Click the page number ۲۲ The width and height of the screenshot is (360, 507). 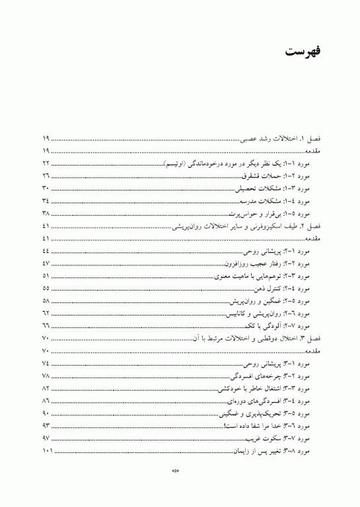tap(46, 162)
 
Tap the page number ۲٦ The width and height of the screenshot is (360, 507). tap(46, 176)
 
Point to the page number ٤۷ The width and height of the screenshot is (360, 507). tap(46, 263)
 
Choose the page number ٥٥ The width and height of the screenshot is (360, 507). tap(46, 288)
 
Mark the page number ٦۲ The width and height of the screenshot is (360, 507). tap(46, 313)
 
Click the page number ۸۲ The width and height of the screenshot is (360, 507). tap(46, 388)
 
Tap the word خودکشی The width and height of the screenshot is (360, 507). tap(224, 388)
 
